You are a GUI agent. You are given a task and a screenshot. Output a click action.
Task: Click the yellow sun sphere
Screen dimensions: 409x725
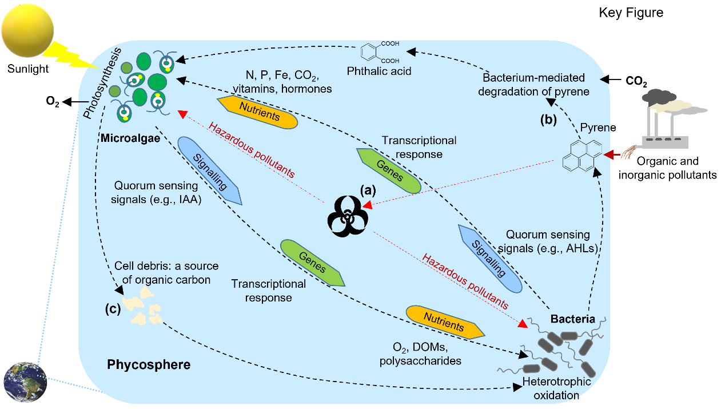(x=27, y=28)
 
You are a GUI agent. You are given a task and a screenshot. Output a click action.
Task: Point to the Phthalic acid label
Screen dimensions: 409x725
(x=379, y=72)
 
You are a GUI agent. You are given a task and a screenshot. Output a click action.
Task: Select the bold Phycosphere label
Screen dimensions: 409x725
(x=149, y=364)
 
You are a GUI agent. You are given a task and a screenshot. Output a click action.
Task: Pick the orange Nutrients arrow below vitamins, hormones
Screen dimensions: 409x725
(x=259, y=113)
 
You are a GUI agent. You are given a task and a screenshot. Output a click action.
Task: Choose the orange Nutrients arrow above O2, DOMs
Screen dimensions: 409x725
(x=445, y=321)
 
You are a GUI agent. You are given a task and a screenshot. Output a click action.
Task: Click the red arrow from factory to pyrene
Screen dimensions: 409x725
(x=613, y=154)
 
